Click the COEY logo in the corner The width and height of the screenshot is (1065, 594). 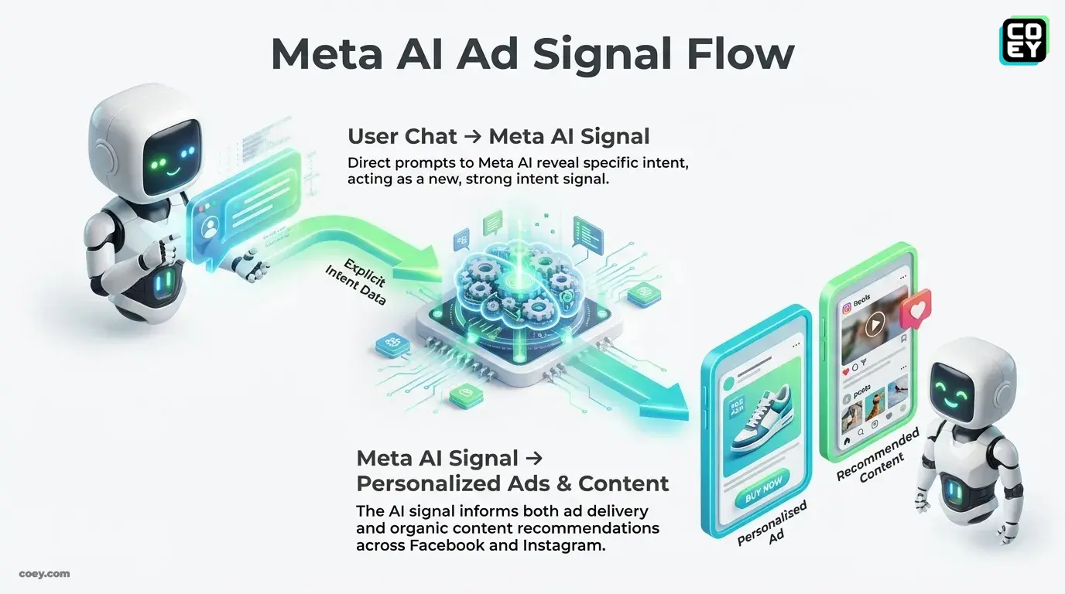1023,41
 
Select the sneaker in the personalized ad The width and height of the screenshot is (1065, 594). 760,422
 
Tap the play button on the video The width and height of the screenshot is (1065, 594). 874,326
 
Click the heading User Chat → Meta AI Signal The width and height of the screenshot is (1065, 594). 498,137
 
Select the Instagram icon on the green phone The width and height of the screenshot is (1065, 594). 848,307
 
